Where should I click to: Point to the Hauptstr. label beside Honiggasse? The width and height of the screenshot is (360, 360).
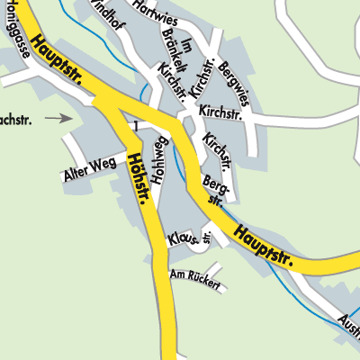coord(56,61)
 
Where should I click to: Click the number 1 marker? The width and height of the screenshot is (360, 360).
coord(134,123)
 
